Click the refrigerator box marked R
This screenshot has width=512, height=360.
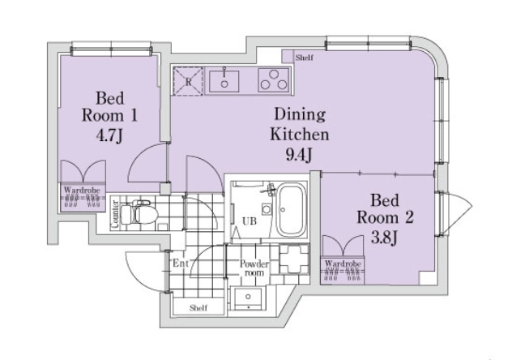pos(188,81)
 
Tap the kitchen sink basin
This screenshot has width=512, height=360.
pos(224,81)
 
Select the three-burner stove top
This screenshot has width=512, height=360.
pos(274,79)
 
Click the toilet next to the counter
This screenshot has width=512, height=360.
pos(139,213)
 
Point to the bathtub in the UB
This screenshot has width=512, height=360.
pos(292,210)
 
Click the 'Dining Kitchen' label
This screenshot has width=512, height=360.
pos(300,124)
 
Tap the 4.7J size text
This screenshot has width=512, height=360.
pos(109,135)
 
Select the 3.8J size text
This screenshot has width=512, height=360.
pos(384,238)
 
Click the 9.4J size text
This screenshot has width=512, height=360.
pos(300,155)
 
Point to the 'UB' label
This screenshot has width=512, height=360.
pos(250,221)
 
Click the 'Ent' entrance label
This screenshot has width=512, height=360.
pos(181,263)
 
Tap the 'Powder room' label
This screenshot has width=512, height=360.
pos(254,268)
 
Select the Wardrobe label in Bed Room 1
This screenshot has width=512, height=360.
pos(82,190)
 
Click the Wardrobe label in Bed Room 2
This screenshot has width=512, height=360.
pos(343,264)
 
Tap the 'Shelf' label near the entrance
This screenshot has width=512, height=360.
pos(198,308)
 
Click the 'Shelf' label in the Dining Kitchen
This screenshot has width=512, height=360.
pos(305,58)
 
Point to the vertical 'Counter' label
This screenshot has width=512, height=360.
pos(114,213)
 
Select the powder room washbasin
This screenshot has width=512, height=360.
pos(248,299)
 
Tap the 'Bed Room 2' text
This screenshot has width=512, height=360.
pos(385,208)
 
